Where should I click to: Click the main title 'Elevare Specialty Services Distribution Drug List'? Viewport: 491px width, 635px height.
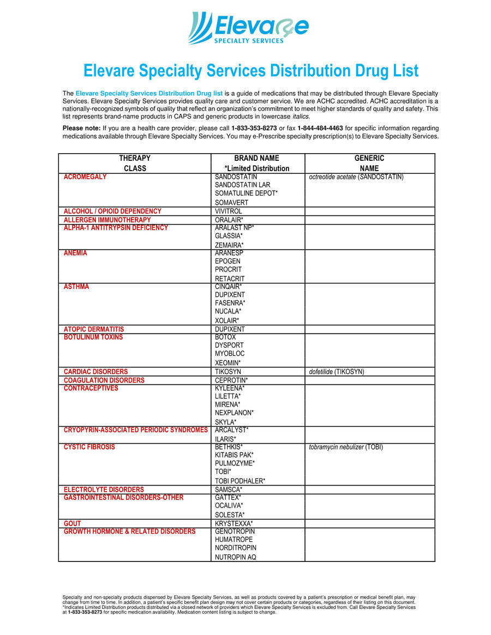tap(251, 71)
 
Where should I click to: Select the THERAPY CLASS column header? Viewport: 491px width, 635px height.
tap(135, 163)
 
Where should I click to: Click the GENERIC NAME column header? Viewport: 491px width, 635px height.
tap(369, 163)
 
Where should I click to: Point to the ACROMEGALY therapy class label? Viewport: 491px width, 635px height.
tap(85, 177)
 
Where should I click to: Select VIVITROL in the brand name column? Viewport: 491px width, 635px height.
tap(228, 211)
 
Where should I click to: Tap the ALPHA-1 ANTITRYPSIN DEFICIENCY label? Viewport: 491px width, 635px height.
tap(116, 228)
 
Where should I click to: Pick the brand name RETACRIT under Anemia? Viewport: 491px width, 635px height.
tap(229, 279)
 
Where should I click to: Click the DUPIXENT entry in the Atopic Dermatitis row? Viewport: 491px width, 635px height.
tap(230, 329)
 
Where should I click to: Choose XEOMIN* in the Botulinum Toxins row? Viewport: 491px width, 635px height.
tap(227, 362)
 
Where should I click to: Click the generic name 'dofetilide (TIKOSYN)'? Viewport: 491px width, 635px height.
tap(337, 372)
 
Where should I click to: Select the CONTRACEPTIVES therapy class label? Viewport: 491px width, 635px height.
tap(91, 388)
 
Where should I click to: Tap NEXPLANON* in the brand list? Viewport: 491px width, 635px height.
tap(234, 413)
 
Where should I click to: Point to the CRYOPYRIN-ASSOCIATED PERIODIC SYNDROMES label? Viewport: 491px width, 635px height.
tap(135, 430)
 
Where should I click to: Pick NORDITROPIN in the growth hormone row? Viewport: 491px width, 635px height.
tap(235, 548)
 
